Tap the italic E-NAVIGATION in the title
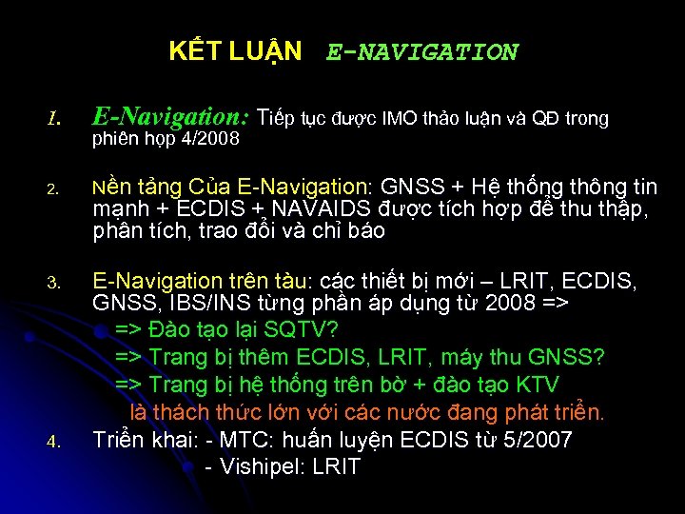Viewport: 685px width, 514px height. tap(422, 52)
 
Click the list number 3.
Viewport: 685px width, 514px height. tap(55, 283)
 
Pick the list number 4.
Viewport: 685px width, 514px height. tap(55, 441)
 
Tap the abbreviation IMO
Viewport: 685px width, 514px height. tap(402, 119)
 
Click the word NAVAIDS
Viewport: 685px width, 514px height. tap(318, 208)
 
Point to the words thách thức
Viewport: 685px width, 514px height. tap(225, 412)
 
